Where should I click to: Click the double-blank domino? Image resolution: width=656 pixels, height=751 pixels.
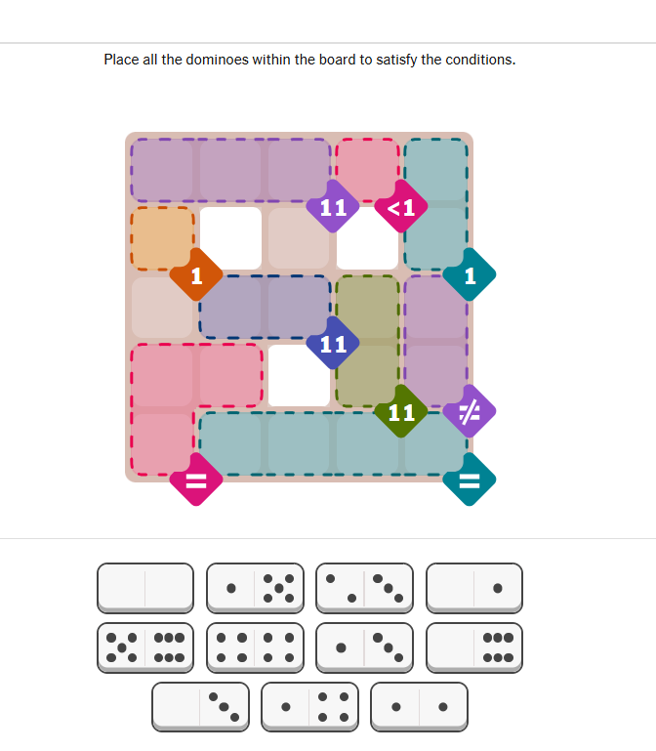(145, 588)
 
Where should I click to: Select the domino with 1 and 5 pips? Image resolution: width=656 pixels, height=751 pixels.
(255, 588)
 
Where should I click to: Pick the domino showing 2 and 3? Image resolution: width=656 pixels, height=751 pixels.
(364, 588)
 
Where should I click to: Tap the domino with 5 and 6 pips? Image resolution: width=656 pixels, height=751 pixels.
(145, 647)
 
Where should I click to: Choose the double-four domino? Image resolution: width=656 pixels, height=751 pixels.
(255, 647)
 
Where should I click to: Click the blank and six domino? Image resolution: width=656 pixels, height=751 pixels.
(474, 647)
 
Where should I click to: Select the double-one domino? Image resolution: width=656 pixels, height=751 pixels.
(419, 707)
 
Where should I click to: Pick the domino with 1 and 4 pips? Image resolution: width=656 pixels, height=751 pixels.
(309, 707)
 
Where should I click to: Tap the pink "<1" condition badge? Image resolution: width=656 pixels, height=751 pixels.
(401, 207)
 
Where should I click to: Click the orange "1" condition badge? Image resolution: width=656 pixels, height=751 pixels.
(196, 275)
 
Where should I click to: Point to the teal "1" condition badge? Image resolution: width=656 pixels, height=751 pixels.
(470, 275)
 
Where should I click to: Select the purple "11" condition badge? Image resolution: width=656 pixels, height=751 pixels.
(333, 207)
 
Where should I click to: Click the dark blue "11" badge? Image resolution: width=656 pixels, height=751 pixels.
(333, 343)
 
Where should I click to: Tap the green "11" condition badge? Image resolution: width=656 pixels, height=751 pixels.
(401, 411)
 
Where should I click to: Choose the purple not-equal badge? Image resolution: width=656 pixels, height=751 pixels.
(470, 411)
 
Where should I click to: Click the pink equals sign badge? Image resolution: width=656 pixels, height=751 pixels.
(196, 480)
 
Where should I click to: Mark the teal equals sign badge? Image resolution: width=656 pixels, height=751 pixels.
(470, 480)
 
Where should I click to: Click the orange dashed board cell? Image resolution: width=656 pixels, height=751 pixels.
(162, 237)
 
